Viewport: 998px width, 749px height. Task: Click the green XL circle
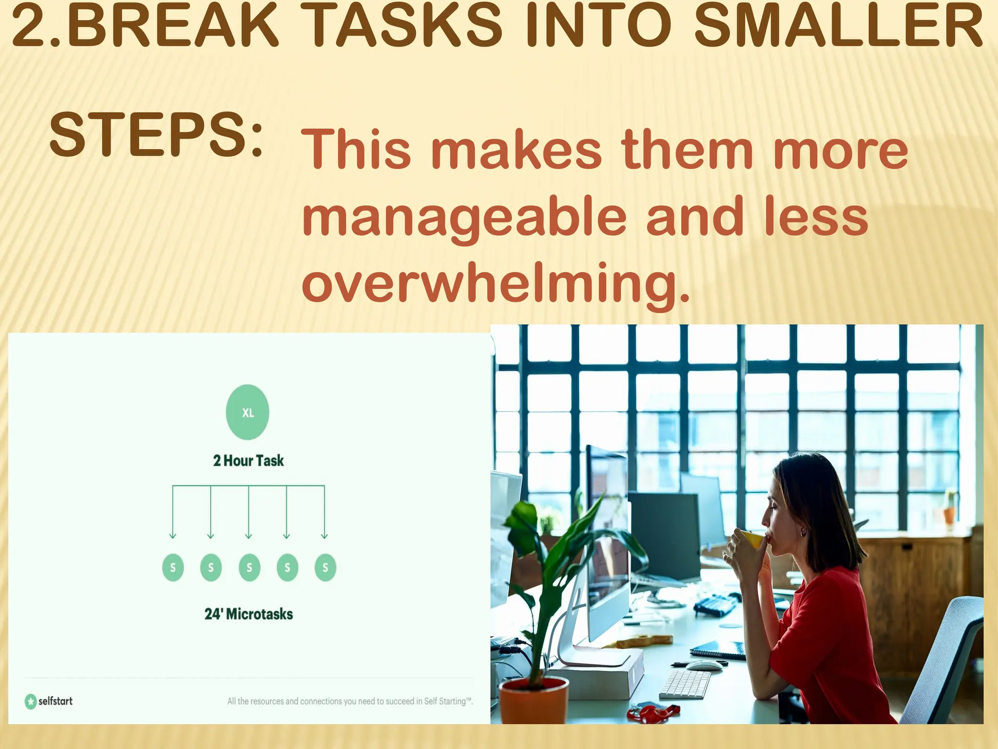point(248,413)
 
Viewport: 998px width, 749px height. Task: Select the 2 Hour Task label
point(248,461)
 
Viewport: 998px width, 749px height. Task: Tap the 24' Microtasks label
point(249,614)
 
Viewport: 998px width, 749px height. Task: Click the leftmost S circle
point(173,568)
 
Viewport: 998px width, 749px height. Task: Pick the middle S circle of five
point(249,568)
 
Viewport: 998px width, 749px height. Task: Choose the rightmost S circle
point(325,568)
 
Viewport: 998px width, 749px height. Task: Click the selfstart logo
point(49,701)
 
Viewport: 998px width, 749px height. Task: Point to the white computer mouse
point(704,665)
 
